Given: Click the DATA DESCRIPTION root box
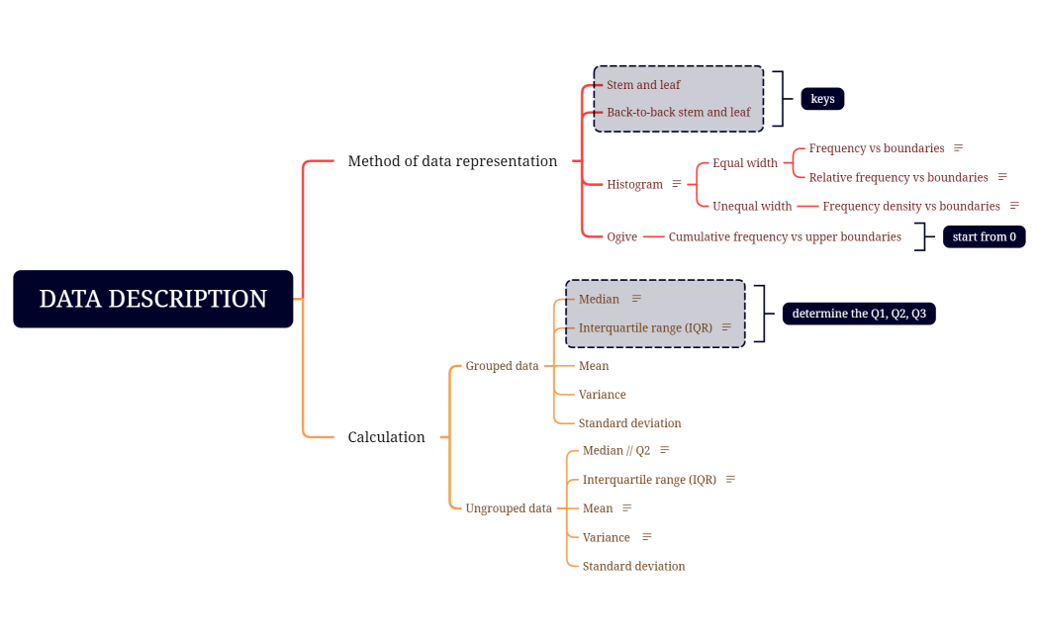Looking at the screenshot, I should point(153,299).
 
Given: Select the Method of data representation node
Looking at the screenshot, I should point(452,161).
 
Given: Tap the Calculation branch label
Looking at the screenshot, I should point(386,437).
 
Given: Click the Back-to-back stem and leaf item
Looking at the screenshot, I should point(678,113).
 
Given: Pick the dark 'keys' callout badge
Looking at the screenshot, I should point(822,99).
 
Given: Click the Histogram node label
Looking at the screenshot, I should point(634,184).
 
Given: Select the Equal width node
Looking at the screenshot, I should point(745,163).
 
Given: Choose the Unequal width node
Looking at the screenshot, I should point(752,206).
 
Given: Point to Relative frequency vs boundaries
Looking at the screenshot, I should point(898,177).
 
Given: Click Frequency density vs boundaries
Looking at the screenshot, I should point(911,206).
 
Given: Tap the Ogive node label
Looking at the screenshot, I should point(621,237).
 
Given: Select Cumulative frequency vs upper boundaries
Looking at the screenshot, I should point(785,237).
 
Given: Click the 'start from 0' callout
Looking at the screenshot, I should point(984,237).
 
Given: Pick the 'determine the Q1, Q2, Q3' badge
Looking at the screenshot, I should point(859,314).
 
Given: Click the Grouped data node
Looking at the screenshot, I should point(502,366).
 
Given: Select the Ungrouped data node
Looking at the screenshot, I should point(509,508).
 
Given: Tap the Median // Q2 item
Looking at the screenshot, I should point(616,451).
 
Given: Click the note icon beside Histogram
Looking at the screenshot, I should point(677,184).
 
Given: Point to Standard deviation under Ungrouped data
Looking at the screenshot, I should point(633,567).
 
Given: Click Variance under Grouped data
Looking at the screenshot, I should point(602,395).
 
